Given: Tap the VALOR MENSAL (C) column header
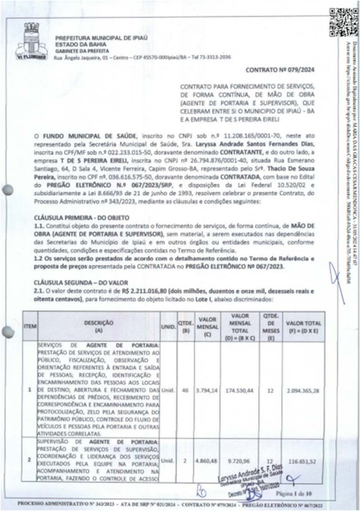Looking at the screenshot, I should pyautogui.click(x=207, y=323).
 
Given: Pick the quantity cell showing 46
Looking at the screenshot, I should pyautogui.click(x=185, y=390).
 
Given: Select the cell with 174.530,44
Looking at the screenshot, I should pyautogui.click(x=239, y=390).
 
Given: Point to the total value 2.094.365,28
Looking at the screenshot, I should pyautogui.click(x=303, y=390).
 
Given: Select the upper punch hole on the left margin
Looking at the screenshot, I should pyautogui.click(x=7, y=191).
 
